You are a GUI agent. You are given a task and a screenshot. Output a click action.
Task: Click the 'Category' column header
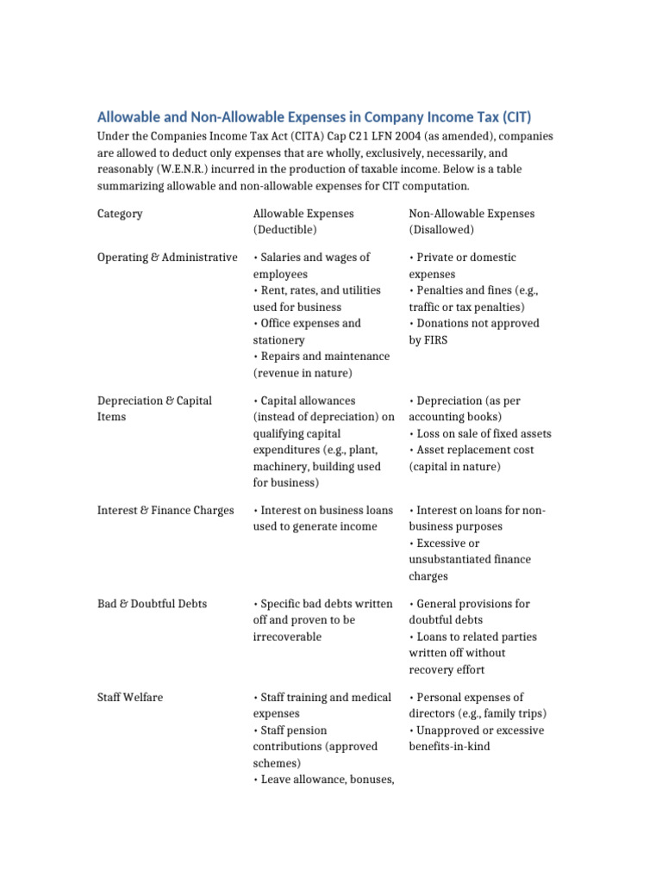click(x=120, y=214)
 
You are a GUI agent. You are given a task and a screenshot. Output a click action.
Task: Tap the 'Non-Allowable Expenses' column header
click(x=472, y=214)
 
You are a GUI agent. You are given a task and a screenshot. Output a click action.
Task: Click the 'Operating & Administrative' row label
click(x=167, y=258)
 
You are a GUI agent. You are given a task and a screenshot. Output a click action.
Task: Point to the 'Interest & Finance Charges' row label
click(x=165, y=511)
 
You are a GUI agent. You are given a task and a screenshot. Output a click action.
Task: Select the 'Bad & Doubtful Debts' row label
click(x=153, y=604)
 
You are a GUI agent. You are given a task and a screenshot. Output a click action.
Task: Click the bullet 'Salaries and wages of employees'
click(x=315, y=265)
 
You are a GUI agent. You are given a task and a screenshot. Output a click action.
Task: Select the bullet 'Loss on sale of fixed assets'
click(x=480, y=433)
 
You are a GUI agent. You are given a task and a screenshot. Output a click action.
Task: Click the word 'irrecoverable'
click(x=287, y=637)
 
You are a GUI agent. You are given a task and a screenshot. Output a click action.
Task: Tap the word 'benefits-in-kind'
click(x=449, y=747)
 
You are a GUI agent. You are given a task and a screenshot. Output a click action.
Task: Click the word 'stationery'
click(x=278, y=340)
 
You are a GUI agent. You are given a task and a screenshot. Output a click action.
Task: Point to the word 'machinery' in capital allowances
click(x=278, y=466)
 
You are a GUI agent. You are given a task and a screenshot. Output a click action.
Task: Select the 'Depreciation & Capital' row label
click(x=154, y=401)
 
